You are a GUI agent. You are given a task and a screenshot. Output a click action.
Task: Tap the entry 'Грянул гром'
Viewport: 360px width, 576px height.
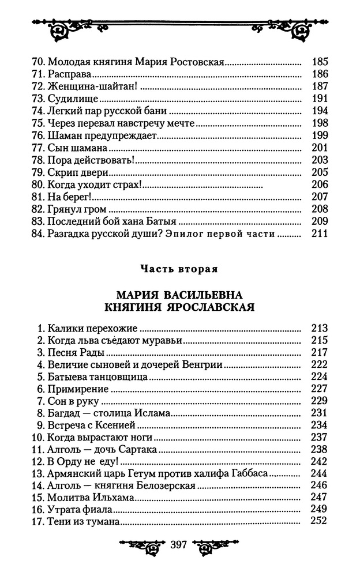[78, 209]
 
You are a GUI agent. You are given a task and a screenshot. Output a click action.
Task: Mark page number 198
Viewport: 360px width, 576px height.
[319, 123]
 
